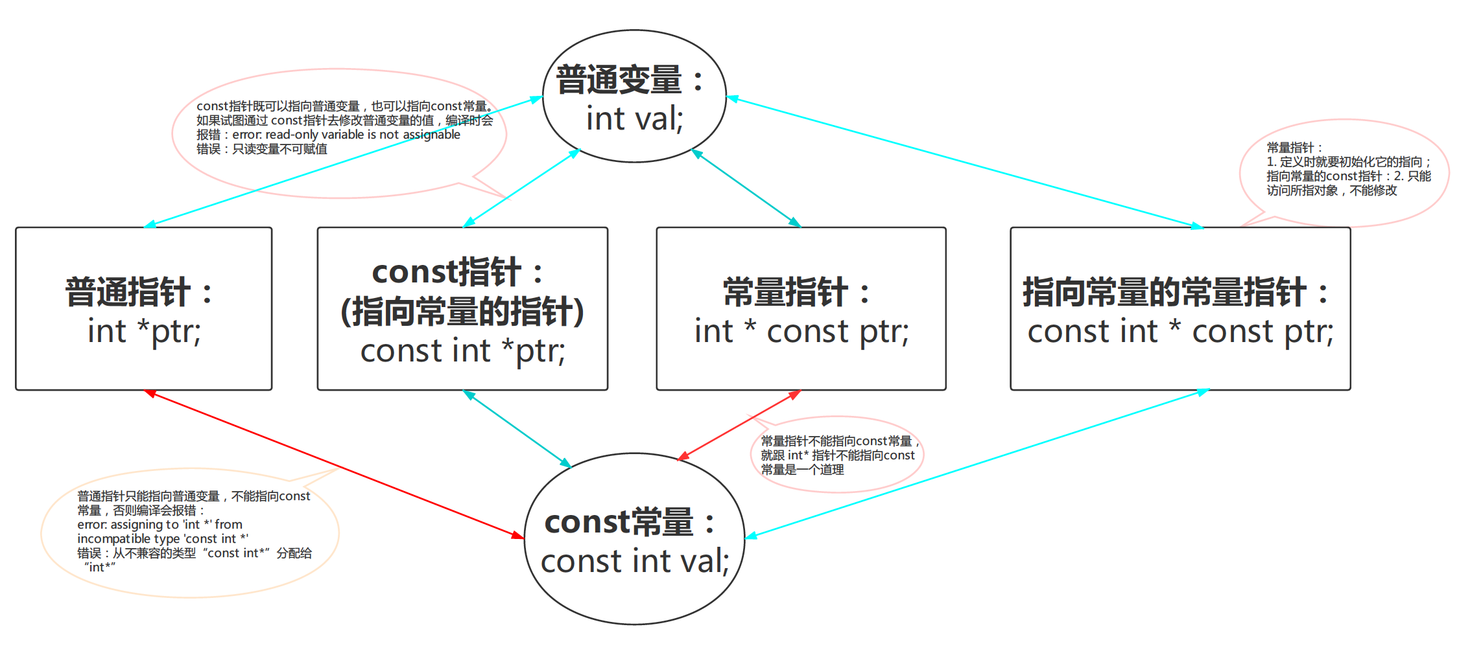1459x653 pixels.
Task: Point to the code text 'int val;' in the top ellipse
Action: coord(634,119)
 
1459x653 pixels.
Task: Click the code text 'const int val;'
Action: coord(634,561)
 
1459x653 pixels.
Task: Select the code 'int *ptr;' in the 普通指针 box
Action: coord(144,332)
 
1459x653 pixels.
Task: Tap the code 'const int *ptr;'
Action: coord(462,351)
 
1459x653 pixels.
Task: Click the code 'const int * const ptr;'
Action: coord(1180,332)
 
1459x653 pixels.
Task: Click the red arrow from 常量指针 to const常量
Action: coord(739,425)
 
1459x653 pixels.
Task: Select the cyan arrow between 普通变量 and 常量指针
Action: coord(746,188)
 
